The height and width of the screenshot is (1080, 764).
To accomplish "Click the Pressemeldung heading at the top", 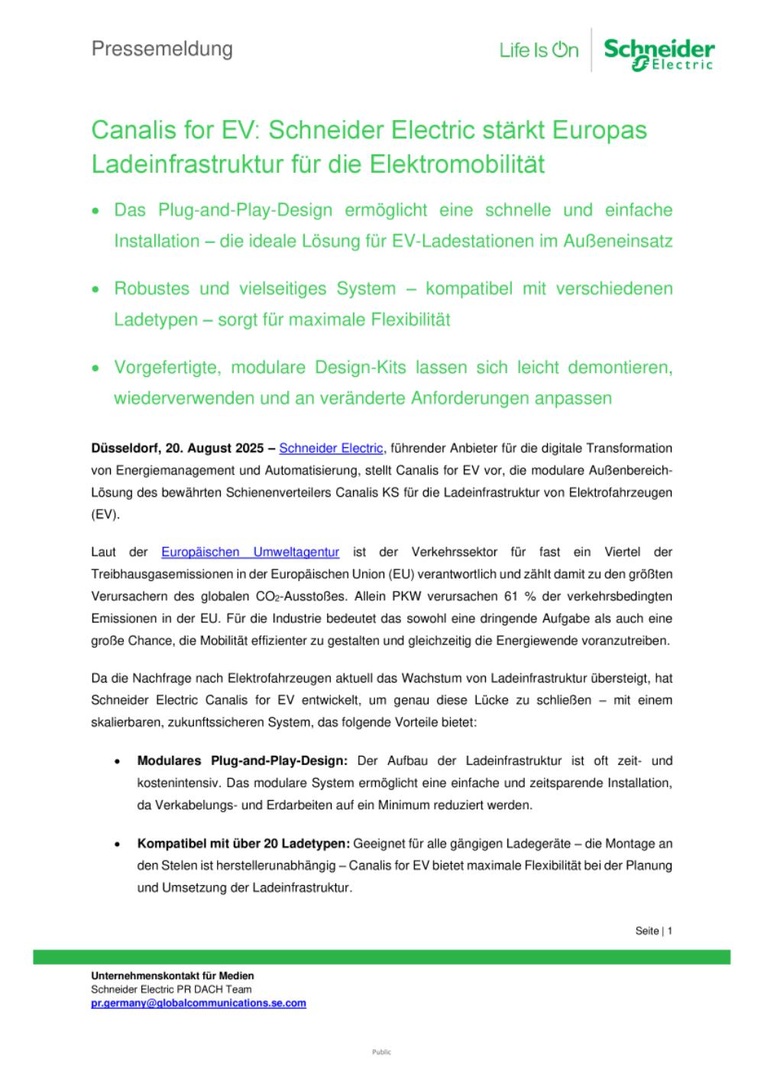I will (x=162, y=49).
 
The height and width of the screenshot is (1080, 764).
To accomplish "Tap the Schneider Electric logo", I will (x=659, y=54).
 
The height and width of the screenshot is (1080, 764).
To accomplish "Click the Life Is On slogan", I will (x=539, y=51).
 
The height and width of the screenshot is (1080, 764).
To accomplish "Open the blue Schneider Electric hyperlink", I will (x=331, y=448).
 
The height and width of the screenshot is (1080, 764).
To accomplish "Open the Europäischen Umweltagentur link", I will (x=250, y=552).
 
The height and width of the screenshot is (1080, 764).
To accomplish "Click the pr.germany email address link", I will (x=199, y=1003).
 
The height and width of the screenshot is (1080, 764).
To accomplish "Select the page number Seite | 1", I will (x=653, y=931).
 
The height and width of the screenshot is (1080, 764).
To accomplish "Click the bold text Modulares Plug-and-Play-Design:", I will (x=242, y=761).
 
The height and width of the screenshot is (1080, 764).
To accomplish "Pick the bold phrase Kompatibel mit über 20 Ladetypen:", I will (x=243, y=844).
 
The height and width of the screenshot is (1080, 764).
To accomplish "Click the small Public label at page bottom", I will (x=381, y=1052).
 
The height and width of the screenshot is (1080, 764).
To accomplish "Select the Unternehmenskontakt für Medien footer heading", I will (x=173, y=976).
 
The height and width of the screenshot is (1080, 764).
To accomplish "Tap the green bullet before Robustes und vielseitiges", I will (x=95, y=290).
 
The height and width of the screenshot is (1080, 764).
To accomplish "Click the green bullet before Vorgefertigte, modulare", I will (x=95, y=368).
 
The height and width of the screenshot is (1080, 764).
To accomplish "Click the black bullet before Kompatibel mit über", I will (x=116, y=845).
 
